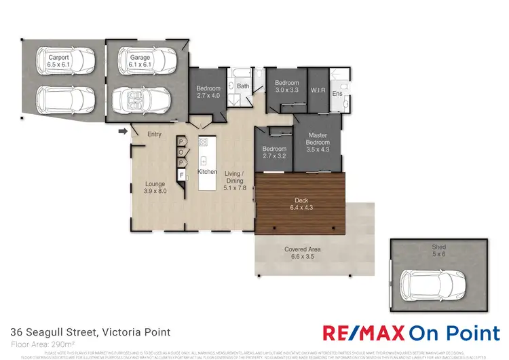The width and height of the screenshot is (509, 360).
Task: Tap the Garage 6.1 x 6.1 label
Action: [140, 62]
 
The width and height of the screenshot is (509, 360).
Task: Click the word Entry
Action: [154, 134]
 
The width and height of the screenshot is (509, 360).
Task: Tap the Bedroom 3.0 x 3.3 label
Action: [287, 87]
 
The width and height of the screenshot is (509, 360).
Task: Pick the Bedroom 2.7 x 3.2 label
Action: [274, 152]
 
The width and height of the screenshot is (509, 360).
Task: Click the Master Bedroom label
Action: [318, 143]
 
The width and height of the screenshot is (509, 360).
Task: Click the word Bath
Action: [243, 86]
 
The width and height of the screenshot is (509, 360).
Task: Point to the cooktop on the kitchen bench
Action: [203, 143]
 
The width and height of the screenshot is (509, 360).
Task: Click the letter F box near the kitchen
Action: [181, 175]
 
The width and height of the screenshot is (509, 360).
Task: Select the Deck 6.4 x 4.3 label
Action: [301, 204]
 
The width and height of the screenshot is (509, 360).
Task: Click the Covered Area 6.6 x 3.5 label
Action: [303, 253]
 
